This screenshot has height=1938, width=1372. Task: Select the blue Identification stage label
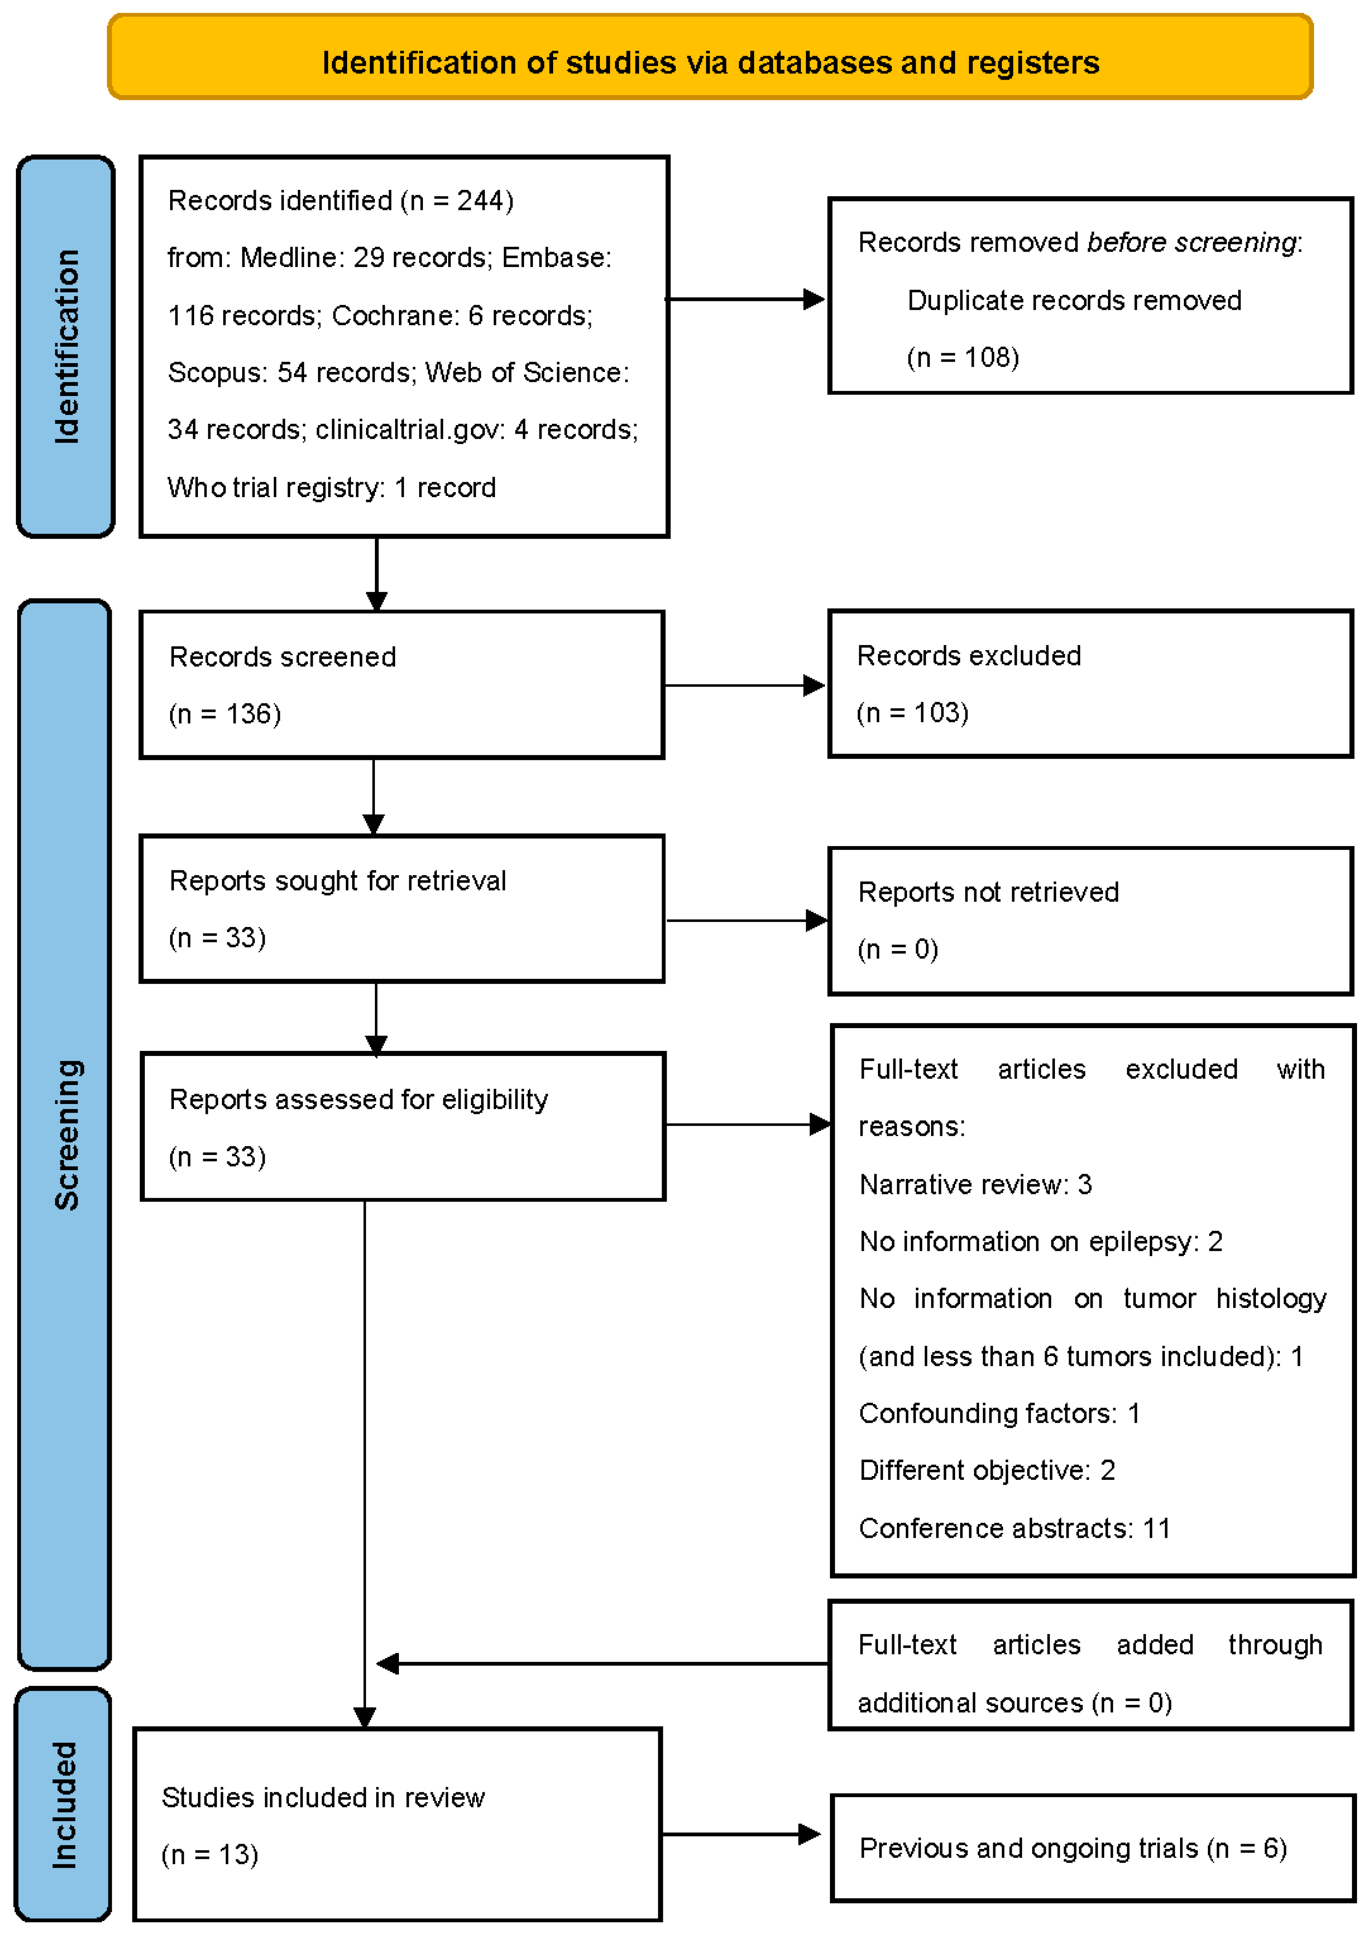pos(66,346)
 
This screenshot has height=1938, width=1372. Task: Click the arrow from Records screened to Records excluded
pos(743,685)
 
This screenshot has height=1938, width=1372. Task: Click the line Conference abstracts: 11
pos(1014,1528)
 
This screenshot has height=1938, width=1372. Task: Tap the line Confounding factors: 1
pos(999,1413)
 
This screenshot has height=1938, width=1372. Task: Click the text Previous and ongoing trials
pos(1028,1848)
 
